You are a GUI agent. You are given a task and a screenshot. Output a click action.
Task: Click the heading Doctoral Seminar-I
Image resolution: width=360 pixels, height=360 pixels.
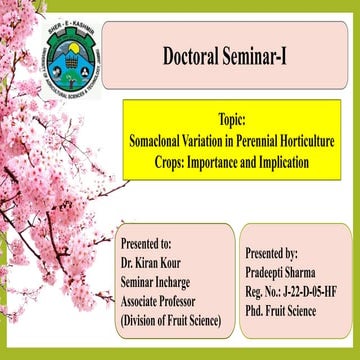[237, 55]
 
